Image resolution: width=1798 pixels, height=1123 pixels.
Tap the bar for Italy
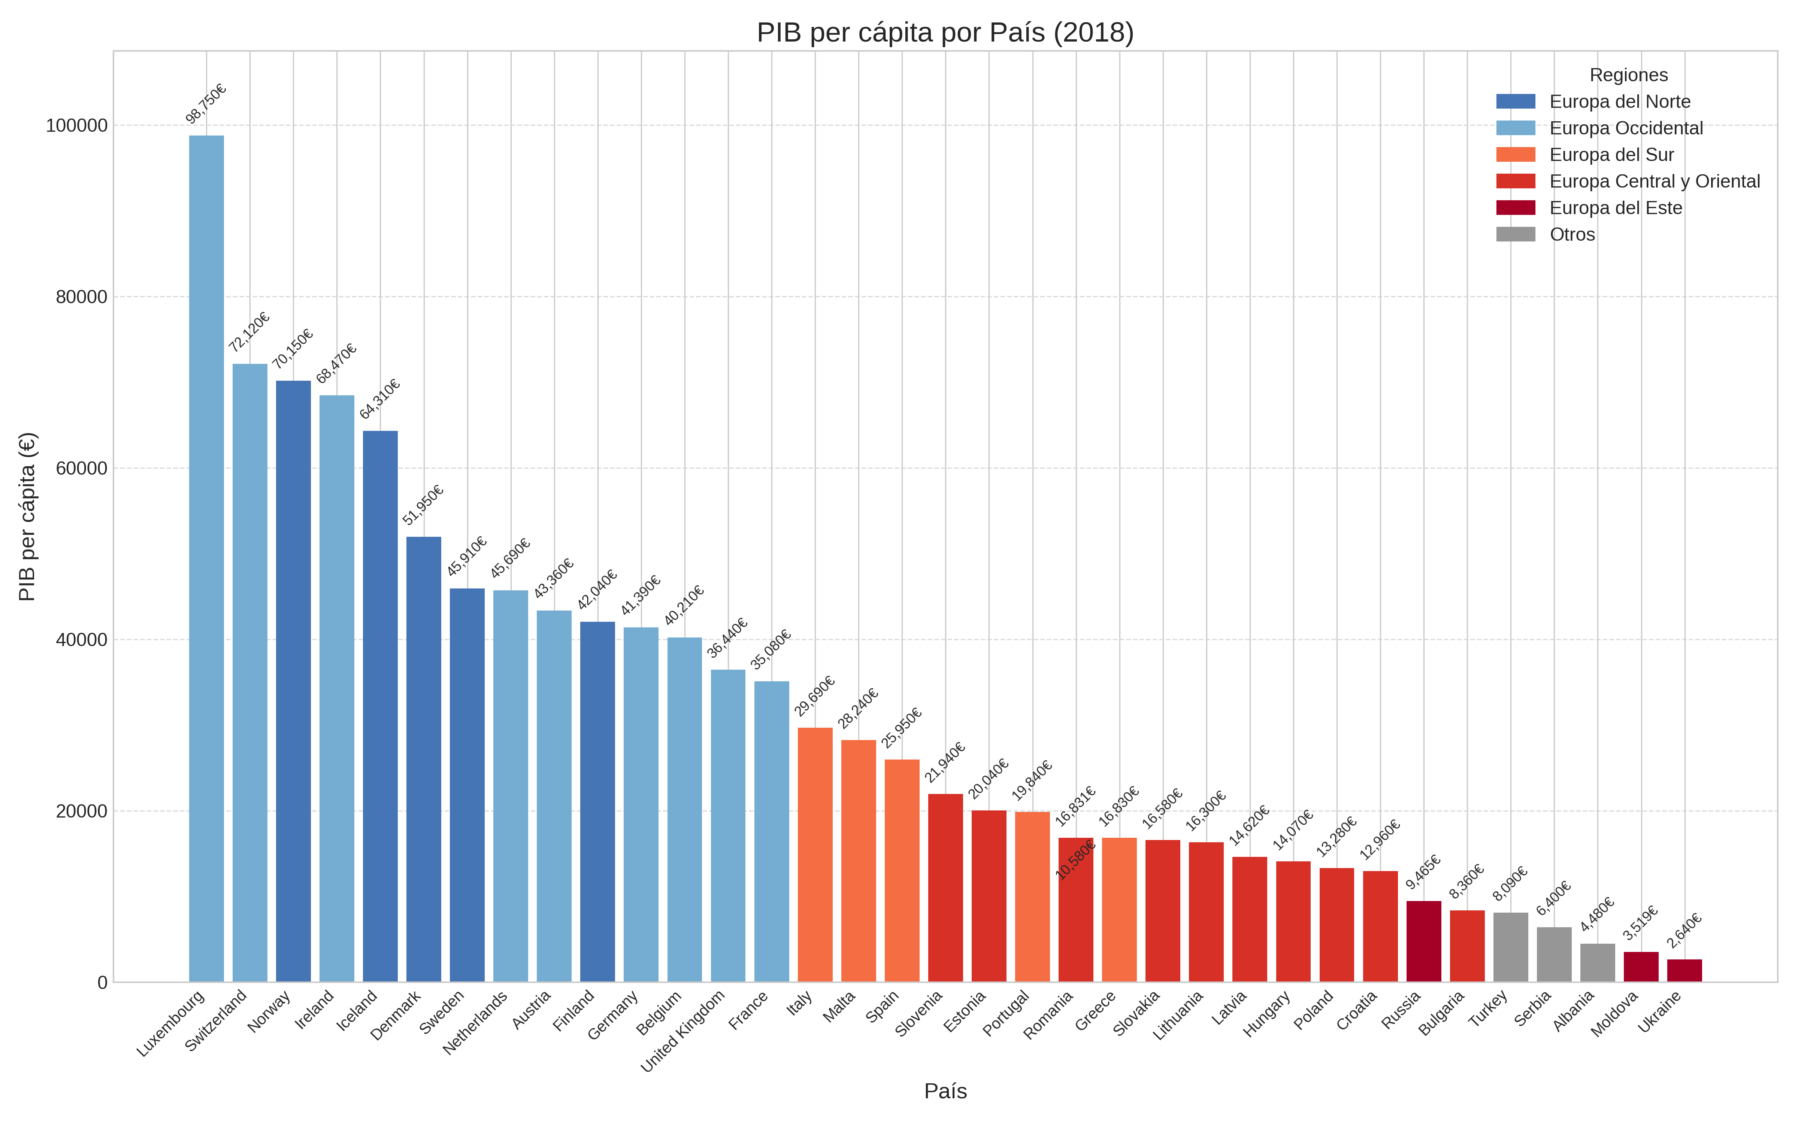coord(815,854)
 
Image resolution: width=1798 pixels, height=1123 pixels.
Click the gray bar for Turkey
coord(1510,947)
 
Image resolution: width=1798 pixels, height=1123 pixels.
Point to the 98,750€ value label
coord(206,104)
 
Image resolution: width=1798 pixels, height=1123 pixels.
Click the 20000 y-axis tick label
coord(82,811)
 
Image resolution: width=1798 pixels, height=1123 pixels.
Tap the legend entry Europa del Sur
coord(1611,155)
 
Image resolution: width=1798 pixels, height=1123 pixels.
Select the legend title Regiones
coord(1628,75)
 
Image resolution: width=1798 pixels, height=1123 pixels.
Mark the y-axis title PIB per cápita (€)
coord(27,516)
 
